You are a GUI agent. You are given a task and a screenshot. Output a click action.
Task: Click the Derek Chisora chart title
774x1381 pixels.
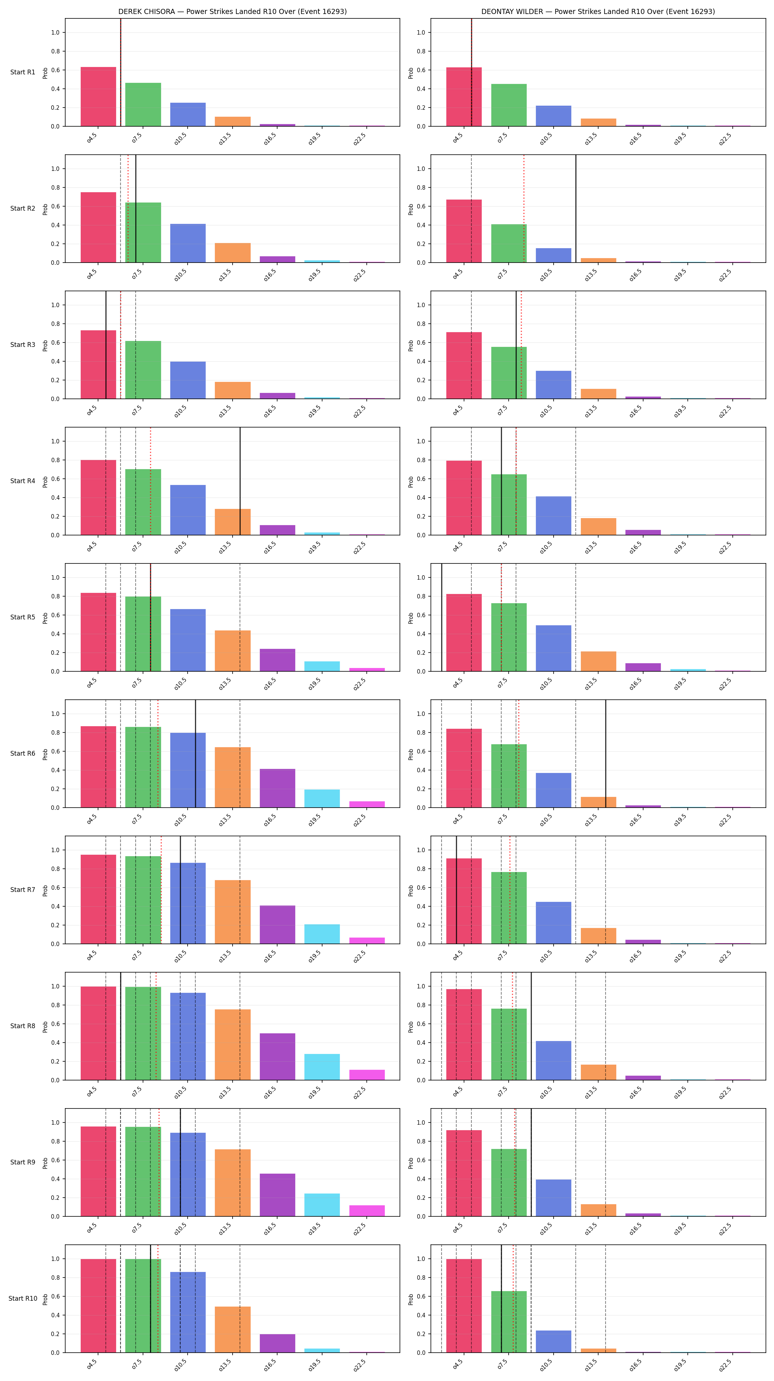(x=232, y=11)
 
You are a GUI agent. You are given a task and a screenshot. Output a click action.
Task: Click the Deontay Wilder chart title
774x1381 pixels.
(x=598, y=11)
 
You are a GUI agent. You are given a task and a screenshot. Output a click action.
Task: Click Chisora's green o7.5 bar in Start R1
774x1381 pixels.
(x=143, y=105)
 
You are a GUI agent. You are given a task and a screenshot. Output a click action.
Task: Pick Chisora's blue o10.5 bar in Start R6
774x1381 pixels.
(x=188, y=770)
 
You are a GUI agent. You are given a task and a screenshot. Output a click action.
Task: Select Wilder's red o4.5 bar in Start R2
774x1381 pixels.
(x=464, y=231)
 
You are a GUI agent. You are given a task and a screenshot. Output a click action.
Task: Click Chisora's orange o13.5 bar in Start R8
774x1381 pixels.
(x=233, y=1044)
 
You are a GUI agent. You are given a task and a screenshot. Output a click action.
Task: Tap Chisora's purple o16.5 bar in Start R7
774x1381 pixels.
(x=277, y=924)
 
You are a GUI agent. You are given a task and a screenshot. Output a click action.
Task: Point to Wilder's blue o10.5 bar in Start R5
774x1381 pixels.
(x=554, y=648)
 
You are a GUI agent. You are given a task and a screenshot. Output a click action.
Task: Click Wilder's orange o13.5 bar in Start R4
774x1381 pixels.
(x=599, y=527)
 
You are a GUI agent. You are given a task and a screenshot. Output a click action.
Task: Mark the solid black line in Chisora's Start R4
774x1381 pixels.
(x=240, y=481)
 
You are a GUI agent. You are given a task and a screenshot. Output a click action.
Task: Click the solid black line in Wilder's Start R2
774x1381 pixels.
(x=576, y=208)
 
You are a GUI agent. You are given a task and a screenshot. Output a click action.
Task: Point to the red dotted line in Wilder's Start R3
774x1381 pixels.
(x=521, y=345)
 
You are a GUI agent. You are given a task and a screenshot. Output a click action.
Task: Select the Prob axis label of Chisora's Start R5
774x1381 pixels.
(x=45, y=618)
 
